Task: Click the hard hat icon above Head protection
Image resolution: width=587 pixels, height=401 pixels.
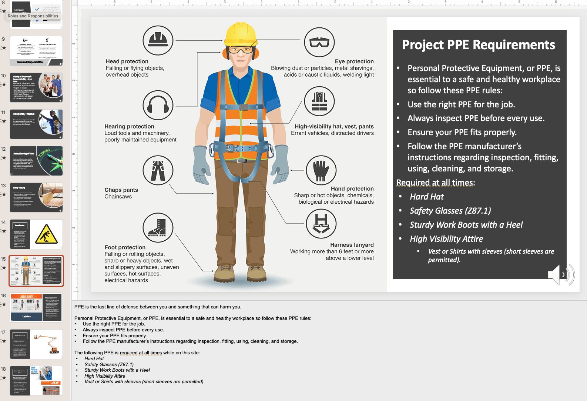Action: [158, 40]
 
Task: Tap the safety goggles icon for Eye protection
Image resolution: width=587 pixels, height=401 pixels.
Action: [319, 42]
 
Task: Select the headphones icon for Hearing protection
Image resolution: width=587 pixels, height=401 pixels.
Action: [158, 105]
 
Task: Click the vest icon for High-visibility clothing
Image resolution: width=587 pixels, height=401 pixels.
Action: [319, 101]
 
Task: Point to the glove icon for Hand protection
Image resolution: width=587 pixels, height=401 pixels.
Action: [321, 170]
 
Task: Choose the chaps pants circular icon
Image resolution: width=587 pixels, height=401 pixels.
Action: [158, 170]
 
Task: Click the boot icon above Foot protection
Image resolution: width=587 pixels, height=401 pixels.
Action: [158, 228]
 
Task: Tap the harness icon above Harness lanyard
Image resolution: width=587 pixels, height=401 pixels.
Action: [321, 224]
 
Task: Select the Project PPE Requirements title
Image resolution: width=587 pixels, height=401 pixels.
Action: [479, 45]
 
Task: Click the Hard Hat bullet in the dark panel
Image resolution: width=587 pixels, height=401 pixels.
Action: [427, 197]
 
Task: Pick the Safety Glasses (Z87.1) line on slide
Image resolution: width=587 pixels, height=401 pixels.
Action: [450, 211]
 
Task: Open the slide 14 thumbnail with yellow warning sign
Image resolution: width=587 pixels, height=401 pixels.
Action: [36, 234]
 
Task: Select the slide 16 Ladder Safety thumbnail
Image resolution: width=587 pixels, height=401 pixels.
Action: [36, 307]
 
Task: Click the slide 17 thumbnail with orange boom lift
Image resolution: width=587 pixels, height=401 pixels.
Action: [36, 344]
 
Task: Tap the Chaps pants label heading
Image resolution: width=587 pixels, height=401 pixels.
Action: [121, 190]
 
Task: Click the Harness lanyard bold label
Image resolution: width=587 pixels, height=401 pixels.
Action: [352, 245]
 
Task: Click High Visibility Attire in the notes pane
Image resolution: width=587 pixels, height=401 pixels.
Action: [105, 376]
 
